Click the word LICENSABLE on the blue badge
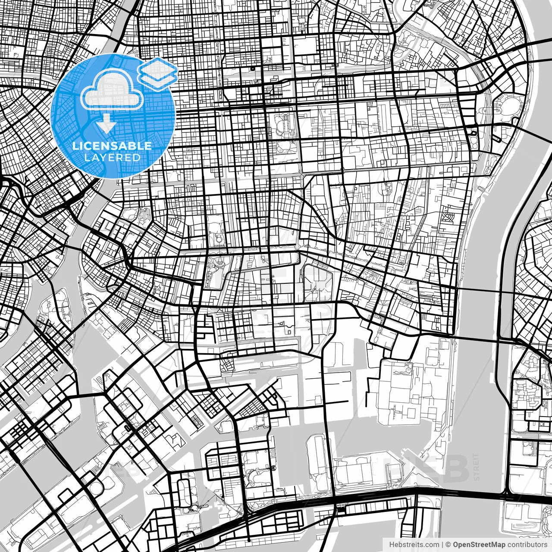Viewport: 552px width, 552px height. click(112, 146)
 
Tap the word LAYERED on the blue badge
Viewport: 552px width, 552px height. click(112, 157)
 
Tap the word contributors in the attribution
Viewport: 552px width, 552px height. click(527, 545)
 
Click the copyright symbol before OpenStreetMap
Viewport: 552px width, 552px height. click(448, 545)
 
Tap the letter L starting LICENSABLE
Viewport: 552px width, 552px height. click(75, 146)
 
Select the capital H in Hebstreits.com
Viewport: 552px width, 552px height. click(391, 545)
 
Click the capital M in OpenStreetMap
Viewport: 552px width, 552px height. click(494, 545)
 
